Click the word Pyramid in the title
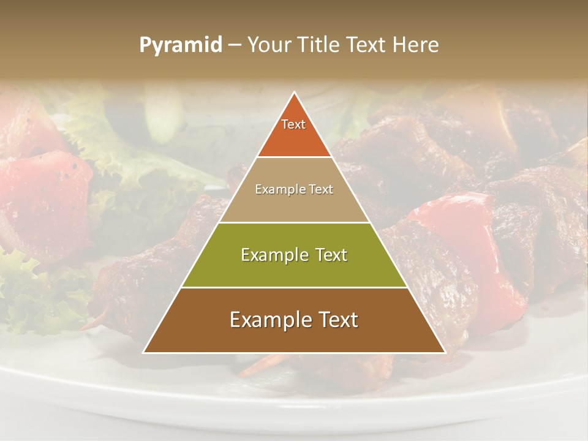click(x=181, y=45)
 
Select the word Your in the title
click(x=268, y=45)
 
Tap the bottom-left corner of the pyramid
click(x=145, y=352)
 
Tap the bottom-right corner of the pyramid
click(x=444, y=352)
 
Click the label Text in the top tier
click(x=293, y=124)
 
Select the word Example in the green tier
click(x=274, y=254)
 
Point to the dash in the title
click(x=235, y=45)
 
